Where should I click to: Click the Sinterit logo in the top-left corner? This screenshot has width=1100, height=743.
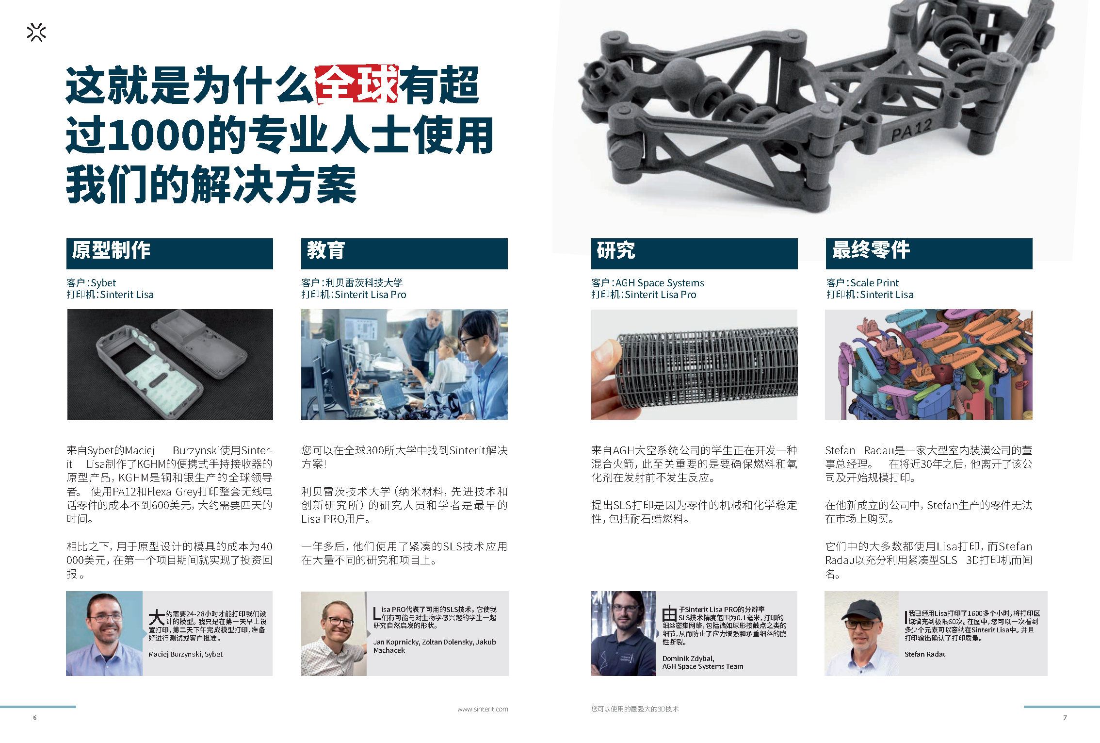pyautogui.click(x=36, y=33)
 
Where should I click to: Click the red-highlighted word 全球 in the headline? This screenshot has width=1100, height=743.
pyautogui.click(x=356, y=85)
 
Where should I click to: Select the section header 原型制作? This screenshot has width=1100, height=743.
pyautogui.click(x=111, y=250)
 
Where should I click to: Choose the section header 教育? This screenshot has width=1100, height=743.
pyautogui.click(x=325, y=250)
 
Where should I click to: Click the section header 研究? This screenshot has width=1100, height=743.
pyautogui.click(x=615, y=250)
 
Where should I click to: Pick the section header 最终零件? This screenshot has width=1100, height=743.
pyautogui.click(x=871, y=250)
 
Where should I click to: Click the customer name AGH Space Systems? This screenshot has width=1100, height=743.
pyautogui.click(x=660, y=283)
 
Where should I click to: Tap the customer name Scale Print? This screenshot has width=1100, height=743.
pyautogui.click(x=874, y=283)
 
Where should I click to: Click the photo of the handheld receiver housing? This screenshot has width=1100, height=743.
pyautogui.click(x=170, y=364)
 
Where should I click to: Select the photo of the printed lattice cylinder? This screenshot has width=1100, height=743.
pyautogui.click(x=694, y=364)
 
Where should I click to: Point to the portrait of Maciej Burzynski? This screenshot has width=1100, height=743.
pyautogui.click(x=104, y=633)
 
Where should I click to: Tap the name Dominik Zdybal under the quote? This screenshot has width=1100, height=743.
pyautogui.click(x=688, y=659)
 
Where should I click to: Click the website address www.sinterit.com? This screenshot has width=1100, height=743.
pyautogui.click(x=483, y=709)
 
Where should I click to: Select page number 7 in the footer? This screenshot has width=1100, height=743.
pyautogui.click(x=1065, y=717)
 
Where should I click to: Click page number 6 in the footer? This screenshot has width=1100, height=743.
pyautogui.click(x=34, y=717)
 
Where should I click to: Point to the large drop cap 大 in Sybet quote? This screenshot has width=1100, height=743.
pyautogui.click(x=157, y=618)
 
